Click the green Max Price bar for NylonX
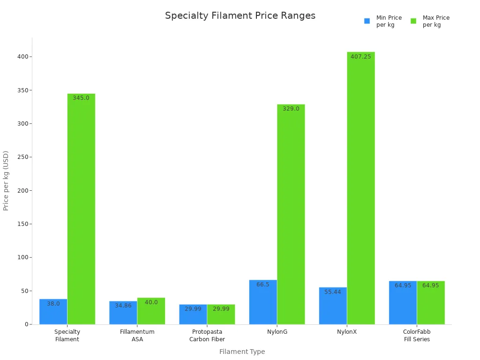360,187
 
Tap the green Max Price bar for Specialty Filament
81,209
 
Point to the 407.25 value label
360,57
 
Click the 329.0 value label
291,109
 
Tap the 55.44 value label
333,292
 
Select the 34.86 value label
123,306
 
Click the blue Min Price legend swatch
367,21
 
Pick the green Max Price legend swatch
413,21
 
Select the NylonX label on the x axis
347,332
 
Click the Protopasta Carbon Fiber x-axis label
207,336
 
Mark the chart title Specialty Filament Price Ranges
240,15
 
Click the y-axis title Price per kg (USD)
6,180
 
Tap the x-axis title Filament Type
242,352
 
